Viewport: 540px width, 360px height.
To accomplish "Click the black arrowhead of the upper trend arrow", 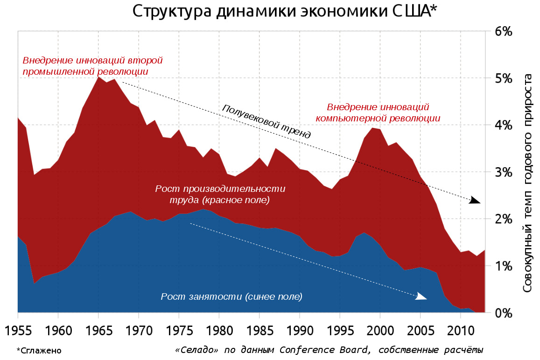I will pos(475,201).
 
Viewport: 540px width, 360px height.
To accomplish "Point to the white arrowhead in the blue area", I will pos(421,296).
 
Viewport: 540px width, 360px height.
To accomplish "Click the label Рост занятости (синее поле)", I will pos(231,296).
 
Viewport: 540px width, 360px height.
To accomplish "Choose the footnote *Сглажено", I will pos(39,350).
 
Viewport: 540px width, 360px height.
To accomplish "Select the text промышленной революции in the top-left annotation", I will pos(85,72).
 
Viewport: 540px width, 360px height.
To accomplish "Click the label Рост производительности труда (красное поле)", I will pos(220,195).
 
